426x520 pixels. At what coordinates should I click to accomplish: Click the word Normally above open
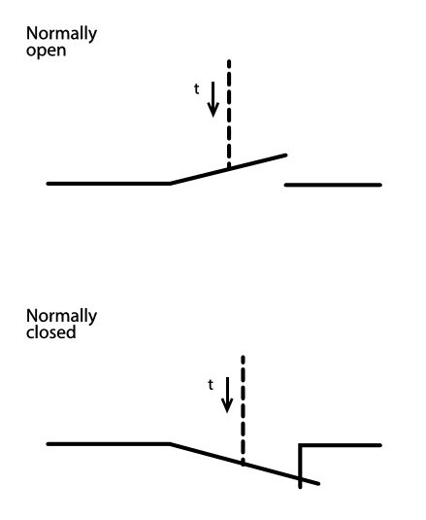pos(61,34)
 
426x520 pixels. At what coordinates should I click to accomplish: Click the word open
pos(46,52)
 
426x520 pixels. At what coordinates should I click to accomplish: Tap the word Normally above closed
pos(61,317)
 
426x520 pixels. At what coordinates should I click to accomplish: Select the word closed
pos(51,332)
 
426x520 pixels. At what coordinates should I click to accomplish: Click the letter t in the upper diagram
pos(197,88)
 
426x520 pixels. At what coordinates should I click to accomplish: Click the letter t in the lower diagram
pos(211,385)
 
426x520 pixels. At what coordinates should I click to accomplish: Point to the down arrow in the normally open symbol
pos(213,99)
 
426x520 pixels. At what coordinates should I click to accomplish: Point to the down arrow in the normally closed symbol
pos(227,395)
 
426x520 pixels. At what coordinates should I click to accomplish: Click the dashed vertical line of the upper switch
pos(229,114)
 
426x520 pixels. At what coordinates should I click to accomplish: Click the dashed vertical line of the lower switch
pos(244,410)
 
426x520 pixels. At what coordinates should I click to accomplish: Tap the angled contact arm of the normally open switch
pos(228,169)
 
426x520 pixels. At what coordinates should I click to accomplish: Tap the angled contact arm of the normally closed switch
pos(245,464)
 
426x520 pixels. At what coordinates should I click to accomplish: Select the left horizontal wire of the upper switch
pos(109,184)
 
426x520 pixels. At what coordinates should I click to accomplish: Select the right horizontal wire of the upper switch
pos(333,185)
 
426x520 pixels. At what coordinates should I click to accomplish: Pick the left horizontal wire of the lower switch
pos(109,444)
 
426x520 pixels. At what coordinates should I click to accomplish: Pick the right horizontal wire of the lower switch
pos(341,445)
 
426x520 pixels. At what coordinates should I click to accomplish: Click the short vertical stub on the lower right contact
pos(300,467)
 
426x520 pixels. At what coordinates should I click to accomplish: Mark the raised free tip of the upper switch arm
pos(285,155)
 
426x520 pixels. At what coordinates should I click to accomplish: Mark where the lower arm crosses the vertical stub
pos(300,478)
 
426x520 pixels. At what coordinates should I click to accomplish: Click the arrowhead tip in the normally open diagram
pos(213,117)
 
